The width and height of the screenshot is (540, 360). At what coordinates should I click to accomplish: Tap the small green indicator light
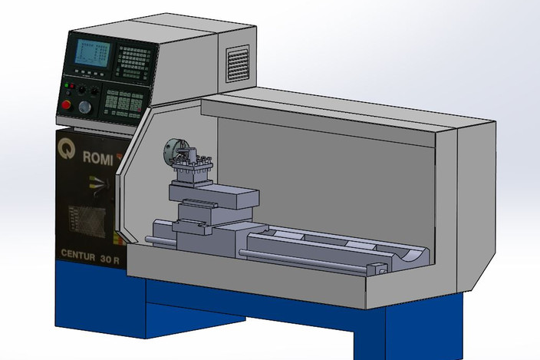click(69, 84)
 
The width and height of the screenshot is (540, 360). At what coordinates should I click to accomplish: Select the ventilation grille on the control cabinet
click(238, 63)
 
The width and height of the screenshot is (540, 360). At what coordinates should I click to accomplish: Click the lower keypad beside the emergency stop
click(123, 102)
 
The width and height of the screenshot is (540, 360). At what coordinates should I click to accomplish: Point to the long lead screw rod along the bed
click(307, 260)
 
